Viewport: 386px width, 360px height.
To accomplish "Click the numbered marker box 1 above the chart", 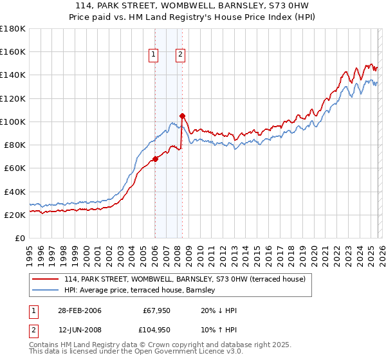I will point(154,55).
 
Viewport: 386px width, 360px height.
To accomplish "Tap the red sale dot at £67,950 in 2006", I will point(155,159).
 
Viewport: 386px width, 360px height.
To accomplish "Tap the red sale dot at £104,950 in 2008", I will point(182,116).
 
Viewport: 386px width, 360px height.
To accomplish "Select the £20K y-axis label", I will point(14,215).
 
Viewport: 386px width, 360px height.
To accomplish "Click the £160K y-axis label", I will point(12,51).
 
